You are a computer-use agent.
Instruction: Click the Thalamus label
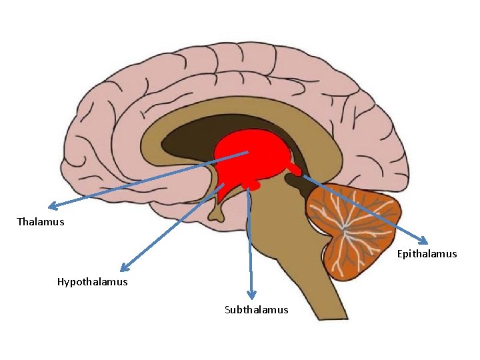tap(41, 222)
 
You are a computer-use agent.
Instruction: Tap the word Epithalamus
tap(427, 253)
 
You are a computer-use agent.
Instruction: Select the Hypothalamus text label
tap(92, 282)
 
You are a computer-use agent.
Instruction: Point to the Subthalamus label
tap(257, 309)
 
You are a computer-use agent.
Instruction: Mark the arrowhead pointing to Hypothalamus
tap(123, 268)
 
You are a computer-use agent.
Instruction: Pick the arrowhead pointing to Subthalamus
tap(251, 295)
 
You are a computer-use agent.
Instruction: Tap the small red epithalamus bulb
tap(293, 171)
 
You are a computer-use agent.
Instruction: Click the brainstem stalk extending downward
tap(267, 267)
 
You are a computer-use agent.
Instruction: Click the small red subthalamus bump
tap(250, 183)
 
